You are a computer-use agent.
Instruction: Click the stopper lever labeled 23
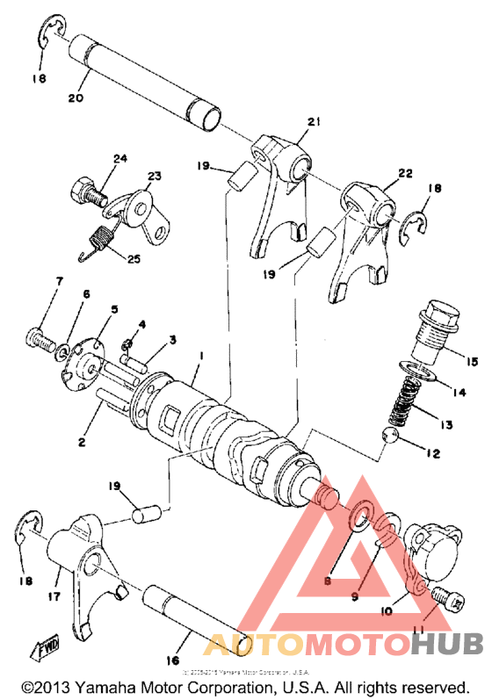coord(138,209)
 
